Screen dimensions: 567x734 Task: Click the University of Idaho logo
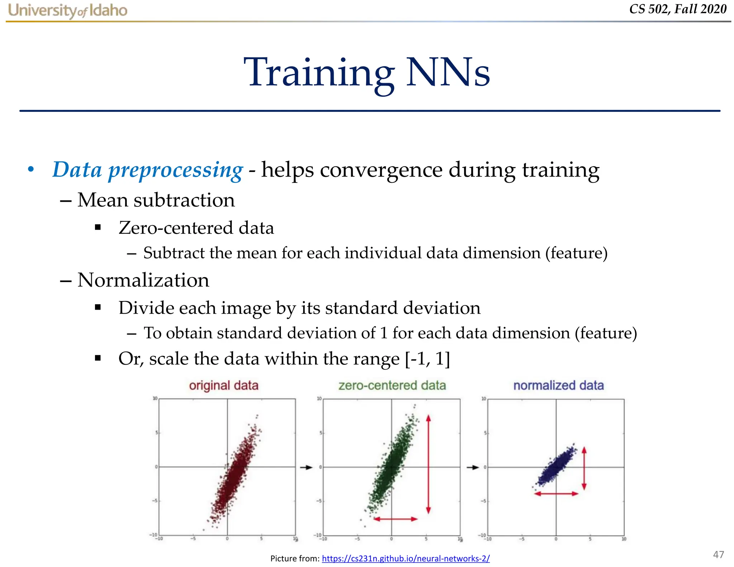click(67, 10)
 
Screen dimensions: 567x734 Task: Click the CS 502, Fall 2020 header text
click(677, 9)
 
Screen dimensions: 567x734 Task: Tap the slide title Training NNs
click(367, 73)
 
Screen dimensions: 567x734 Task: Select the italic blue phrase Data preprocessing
click(147, 170)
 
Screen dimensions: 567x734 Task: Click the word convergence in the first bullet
click(381, 170)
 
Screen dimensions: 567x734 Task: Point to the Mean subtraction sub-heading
click(156, 200)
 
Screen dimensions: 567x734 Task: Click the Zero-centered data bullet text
click(196, 228)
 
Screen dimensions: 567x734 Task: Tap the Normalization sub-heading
click(143, 280)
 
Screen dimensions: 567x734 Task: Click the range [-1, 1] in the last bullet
click(427, 359)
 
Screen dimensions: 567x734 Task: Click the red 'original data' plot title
click(224, 386)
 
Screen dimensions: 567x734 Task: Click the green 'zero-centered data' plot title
click(392, 386)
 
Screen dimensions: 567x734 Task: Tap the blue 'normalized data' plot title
click(558, 386)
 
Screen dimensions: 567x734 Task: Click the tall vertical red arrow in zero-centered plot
click(428, 464)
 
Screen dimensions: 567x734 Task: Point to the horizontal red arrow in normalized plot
click(556, 494)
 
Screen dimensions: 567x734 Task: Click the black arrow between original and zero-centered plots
click(306, 467)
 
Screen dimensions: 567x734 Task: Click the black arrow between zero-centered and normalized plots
click(473, 467)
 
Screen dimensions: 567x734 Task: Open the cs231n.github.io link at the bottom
click(406, 558)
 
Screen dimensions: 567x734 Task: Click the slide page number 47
click(718, 554)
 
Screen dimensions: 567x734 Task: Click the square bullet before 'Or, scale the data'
click(98, 358)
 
